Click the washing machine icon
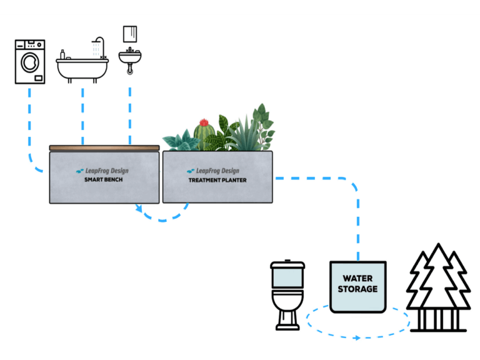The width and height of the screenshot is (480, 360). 30,61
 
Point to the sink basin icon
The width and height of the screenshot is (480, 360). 130,58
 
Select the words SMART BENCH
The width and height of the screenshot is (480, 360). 104,180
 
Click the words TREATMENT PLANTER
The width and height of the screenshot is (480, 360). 217,180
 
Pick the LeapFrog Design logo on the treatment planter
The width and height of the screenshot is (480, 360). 213,171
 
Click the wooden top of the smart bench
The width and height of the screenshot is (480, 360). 104,148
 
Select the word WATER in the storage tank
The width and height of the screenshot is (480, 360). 358,279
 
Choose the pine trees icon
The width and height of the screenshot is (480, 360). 437,287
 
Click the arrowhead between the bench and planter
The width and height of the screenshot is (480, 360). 139,209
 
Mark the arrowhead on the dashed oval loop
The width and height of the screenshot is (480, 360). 357,337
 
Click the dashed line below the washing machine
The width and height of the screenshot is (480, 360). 29,125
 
